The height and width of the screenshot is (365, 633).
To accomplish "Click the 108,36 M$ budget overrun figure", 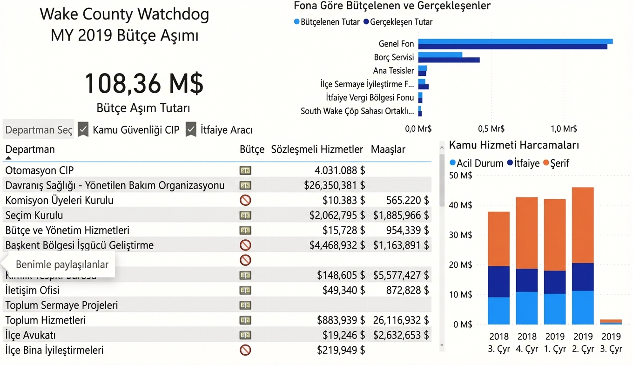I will [x=144, y=84].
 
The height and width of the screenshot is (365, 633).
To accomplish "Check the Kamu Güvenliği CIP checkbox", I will [x=83, y=129].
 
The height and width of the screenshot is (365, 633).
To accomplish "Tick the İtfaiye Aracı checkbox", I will [x=191, y=129].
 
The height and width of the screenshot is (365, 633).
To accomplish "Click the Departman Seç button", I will [x=39, y=130].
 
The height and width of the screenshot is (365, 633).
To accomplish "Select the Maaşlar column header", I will [x=388, y=149].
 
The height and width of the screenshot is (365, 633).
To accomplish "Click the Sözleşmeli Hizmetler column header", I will [x=316, y=149].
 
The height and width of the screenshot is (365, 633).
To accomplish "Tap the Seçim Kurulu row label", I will [x=34, y=215].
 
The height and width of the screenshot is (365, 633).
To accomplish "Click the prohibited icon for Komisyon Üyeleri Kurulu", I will [x=245, y=200].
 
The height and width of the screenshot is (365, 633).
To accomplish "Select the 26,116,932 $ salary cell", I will [x=401, y=320].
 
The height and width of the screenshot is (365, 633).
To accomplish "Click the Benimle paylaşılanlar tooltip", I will [x=62, y=264].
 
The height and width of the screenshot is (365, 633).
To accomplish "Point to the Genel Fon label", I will [x=396, y=44].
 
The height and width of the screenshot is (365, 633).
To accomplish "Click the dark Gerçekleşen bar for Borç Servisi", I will [x=449, y=60].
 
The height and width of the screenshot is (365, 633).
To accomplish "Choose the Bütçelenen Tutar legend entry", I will [x=327, y=22].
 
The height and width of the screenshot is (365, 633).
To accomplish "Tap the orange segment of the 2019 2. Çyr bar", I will [x=583, y=225].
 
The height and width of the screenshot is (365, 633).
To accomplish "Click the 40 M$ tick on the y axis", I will [x=463, y=205].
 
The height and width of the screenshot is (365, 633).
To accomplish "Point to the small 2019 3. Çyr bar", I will [x=611, y=322].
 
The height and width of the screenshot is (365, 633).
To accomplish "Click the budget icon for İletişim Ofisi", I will [x=245, y=291].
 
